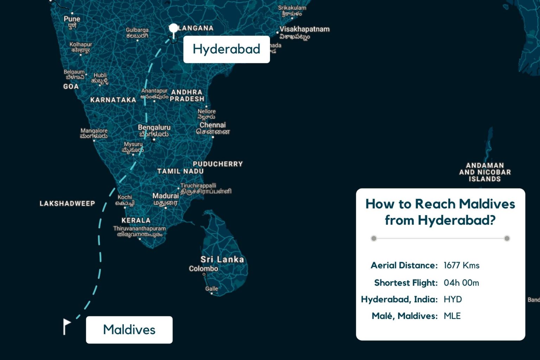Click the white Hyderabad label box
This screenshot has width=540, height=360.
226,49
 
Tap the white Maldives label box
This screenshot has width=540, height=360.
129,330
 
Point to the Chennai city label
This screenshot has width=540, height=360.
213,125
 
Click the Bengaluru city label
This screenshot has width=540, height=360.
154,128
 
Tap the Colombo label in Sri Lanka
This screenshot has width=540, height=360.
203,269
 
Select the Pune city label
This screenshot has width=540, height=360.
72,19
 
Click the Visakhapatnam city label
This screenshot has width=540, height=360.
304,29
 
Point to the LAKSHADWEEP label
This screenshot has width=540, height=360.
67,204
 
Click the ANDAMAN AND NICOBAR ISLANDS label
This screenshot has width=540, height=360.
485,172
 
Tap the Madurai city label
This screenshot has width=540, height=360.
166,196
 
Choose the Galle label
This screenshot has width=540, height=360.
212,289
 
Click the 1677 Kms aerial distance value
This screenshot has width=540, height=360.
461,265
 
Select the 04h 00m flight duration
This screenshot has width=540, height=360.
461,283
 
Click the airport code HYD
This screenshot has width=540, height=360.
453,300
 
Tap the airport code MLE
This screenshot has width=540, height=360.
452,316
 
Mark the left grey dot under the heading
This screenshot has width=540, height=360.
374,238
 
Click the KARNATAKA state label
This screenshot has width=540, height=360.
113,100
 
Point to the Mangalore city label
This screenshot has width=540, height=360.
94,131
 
